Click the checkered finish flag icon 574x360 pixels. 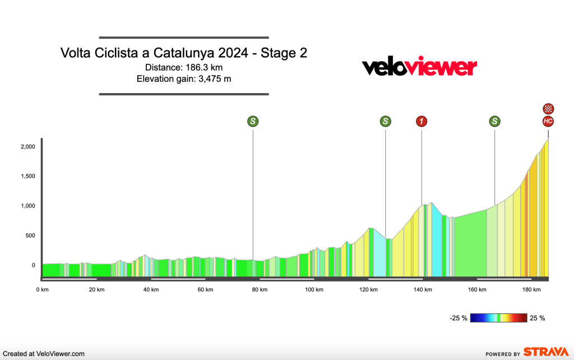click(548, 109)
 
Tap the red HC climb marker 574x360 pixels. click(548, 121)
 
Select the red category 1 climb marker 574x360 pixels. click(422, 121)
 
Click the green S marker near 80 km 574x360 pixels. click(253, 121)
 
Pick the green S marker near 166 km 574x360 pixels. click(494, 121)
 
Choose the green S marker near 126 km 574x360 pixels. click(385, 121)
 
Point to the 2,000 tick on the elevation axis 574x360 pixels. click(28, 147)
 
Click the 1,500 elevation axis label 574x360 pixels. click(28, 177)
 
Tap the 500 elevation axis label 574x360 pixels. click(30, 236)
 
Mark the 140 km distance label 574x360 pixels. click(423, 290)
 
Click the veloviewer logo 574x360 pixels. click(419, 67)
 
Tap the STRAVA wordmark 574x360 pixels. click(546, 352)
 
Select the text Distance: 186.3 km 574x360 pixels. click(184, 67)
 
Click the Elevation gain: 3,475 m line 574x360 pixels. click(184, 79)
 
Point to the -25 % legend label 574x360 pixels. click(459, 318)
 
